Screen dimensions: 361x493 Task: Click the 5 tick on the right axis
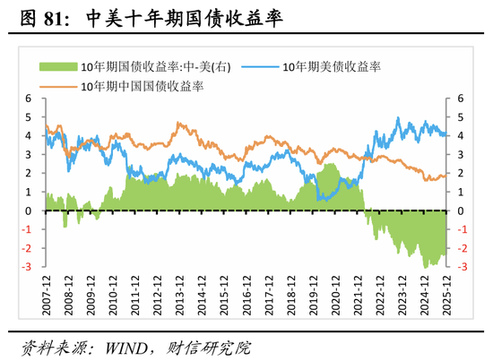[x=461, y=117]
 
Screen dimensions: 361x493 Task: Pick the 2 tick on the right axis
[x=461, y=174]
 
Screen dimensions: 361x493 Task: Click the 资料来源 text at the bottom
[x=51, y=345]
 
